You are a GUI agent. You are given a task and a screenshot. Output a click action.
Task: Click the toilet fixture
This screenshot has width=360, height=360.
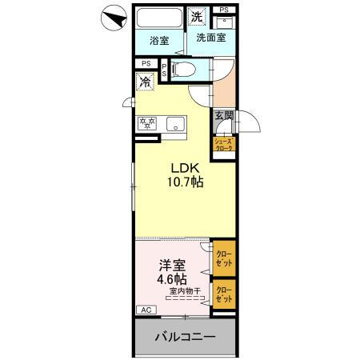[x=181, y=70]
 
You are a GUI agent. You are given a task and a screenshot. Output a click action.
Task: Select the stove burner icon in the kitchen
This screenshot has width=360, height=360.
[x=147, y=123]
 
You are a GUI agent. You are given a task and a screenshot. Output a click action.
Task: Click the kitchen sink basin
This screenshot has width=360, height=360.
[x=175, y=124]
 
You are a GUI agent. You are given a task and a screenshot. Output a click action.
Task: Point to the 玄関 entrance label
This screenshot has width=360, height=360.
[x=222, y=116]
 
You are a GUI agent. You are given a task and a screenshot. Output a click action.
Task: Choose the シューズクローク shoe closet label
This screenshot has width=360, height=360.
[x=223, y=146]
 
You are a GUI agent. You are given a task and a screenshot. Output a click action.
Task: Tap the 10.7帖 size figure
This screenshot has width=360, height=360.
[x=185, y=182]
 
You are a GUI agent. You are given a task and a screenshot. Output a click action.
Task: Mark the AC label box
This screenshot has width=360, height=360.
[x=146, y=309]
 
